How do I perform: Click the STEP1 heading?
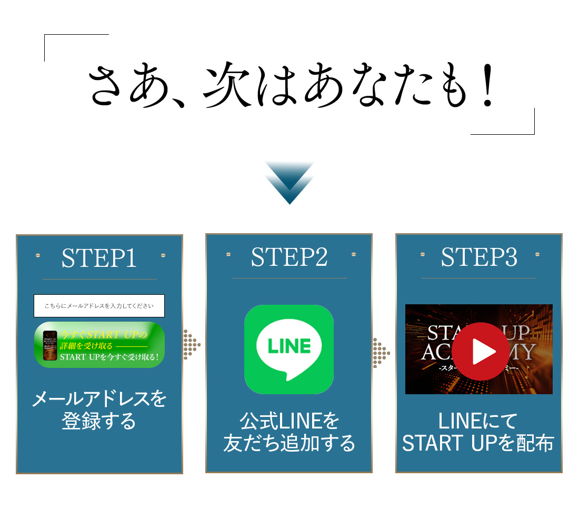(99, 258)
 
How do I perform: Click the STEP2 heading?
(289, 257)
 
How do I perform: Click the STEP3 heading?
(479, 257)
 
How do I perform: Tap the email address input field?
(99, 306)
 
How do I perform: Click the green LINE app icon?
(289, 349)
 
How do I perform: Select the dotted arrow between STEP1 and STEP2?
(192, 345)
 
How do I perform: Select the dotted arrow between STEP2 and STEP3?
(381, 353)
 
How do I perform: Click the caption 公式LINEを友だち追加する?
(289, 432)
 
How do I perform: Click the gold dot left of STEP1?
(38, 255)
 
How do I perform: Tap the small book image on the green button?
(49, 345)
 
